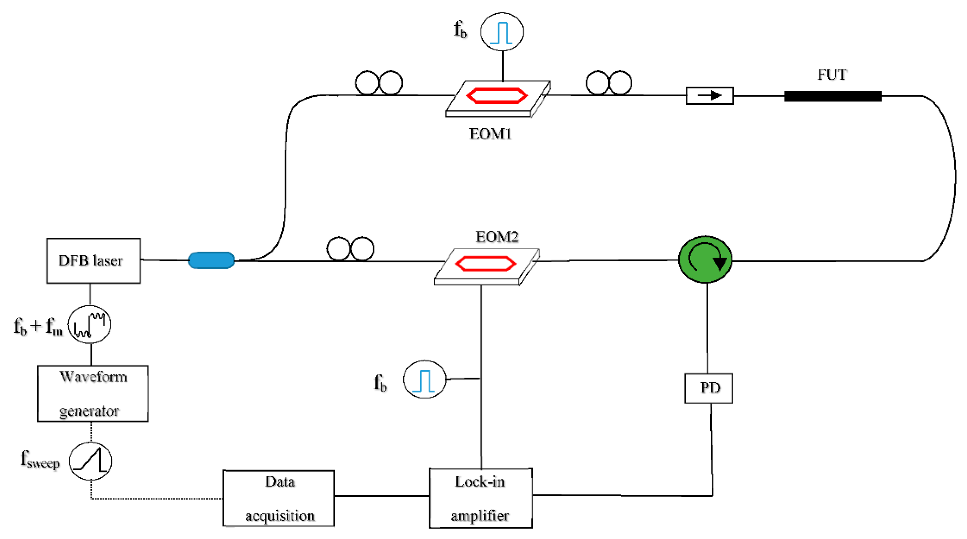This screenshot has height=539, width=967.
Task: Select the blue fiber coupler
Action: click(211, 260)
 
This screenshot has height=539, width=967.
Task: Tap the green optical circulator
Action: click(705, 259)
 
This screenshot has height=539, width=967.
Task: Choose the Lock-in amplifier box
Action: click(480, 498)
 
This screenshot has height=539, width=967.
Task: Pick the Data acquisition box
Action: click(279, 498)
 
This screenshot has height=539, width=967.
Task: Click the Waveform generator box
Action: click(93, 393)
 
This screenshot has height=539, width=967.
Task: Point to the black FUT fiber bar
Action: click(833, 96)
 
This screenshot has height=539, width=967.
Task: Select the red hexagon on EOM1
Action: click(497, 95)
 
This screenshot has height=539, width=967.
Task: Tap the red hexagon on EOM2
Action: click(485, 263)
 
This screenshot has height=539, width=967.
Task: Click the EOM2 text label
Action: click(497, 237)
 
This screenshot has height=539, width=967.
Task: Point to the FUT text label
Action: click(832, 75)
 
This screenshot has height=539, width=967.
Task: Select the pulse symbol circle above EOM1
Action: click(502, 32)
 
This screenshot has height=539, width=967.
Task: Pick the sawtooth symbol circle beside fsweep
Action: click(90, 461)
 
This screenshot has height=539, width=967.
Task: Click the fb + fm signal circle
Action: click(89, 324)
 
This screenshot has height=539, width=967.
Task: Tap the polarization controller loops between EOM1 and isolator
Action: click(609, 83)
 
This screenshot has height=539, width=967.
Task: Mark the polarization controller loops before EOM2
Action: click(350, 249)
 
